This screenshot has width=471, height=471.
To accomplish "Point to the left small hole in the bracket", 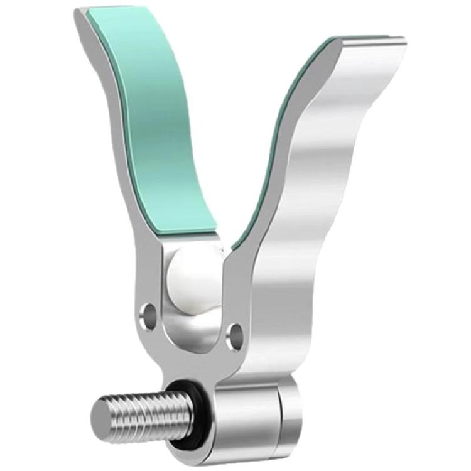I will click(x=148, y=312).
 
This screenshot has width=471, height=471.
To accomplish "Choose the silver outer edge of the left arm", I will click(x=116, y=126).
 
